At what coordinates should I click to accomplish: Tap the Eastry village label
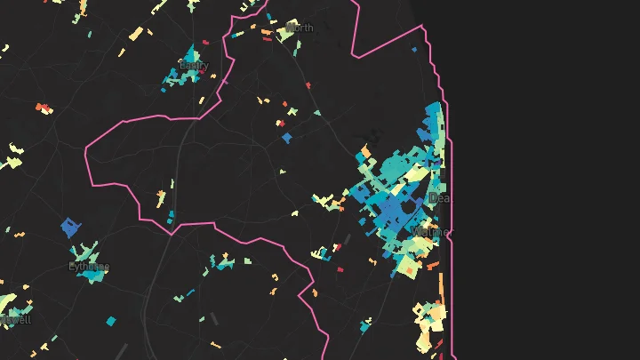coord(194,66)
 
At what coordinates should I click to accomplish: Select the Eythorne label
coord(89,267)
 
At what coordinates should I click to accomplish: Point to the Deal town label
coord(438,198)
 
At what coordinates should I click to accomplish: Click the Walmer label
coord(430,233)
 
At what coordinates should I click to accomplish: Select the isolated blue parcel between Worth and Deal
coord(286,138)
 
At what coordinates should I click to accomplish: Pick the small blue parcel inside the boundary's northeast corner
coord(414,51)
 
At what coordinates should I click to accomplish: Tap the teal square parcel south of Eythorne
coord(111,321)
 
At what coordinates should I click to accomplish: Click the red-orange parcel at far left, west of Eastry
coord(43,108)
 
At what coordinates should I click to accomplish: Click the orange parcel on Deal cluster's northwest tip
coord(365,152)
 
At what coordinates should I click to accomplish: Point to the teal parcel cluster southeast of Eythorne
coord(221,263)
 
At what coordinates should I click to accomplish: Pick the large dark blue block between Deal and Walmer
coord(391,210)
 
